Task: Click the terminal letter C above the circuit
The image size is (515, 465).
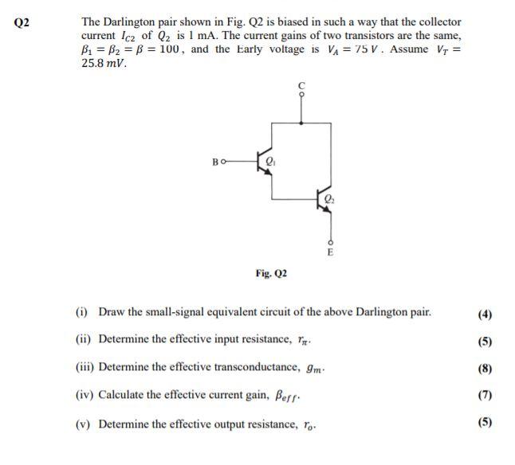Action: coord(301,84)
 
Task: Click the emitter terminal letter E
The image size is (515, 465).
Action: coord(329,251)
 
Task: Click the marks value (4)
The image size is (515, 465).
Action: coord(485,313)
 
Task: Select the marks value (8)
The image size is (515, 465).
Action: coord(485,368)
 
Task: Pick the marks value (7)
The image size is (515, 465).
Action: coord(485,395)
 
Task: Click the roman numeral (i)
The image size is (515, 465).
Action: coord(81,311)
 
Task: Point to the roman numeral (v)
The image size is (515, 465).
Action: coord(83,423)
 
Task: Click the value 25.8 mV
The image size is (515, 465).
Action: coord(104,63)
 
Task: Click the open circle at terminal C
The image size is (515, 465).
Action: coord(301,94)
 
